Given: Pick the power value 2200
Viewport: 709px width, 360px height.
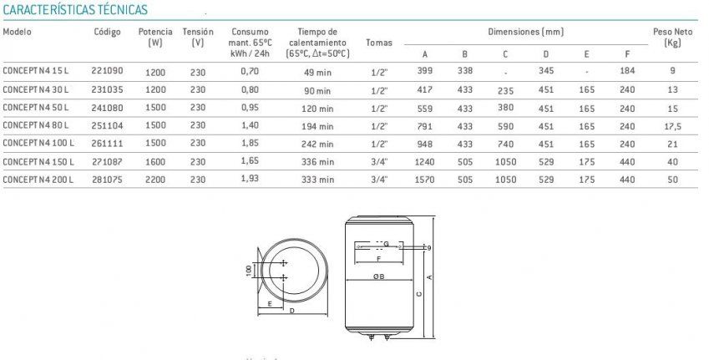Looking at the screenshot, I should (156, 178).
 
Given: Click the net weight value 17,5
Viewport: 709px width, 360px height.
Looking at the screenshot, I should (674, 126).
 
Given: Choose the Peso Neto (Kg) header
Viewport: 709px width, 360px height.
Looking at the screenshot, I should (673, 36).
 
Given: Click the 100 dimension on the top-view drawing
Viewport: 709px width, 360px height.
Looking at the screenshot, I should (248, 272).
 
